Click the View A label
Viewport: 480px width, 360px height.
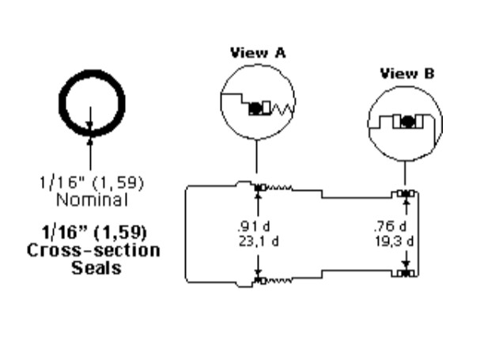258,53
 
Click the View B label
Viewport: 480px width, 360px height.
407,74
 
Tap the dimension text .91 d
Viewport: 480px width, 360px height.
254,226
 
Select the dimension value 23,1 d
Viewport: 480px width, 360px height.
259,241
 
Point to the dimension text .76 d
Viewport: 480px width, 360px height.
390,226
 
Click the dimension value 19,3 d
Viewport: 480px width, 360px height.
395,241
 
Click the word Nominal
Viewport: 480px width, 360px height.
93,200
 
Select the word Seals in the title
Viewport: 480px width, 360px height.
96,267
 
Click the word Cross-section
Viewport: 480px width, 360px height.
93,250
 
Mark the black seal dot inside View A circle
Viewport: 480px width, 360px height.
255,108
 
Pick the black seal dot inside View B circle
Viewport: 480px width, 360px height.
406,122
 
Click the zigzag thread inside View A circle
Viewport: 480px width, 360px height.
282,108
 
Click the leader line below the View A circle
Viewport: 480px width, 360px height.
256,156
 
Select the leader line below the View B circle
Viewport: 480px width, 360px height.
406,173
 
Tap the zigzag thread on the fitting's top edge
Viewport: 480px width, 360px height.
279,188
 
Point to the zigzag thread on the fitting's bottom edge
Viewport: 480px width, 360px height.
279,280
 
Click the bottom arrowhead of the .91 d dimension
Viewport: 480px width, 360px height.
258,272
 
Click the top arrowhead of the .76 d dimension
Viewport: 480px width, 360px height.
406,202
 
